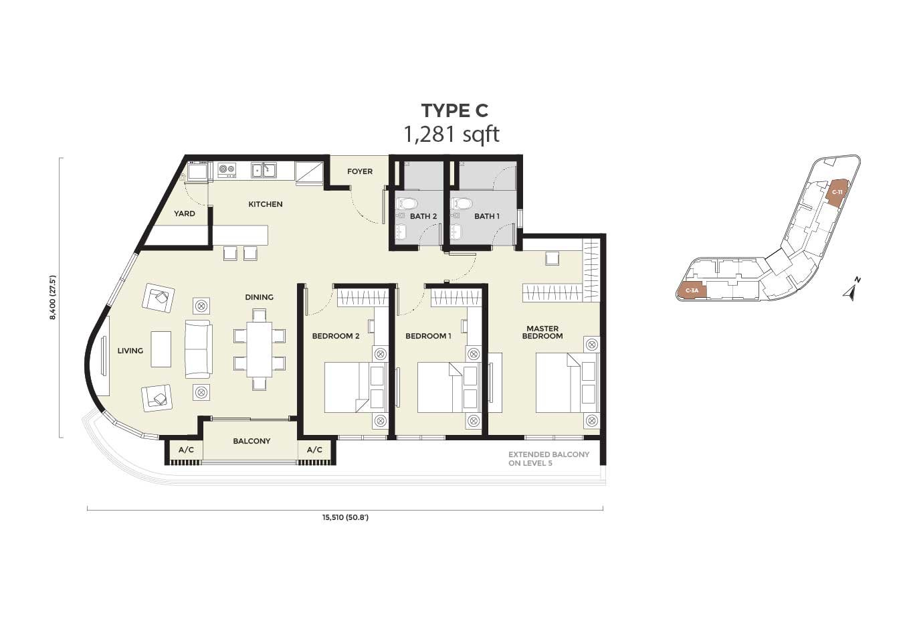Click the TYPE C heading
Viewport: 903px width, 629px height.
pyautogui.click(x=454, y=110)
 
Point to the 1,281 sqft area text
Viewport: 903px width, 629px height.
pyautogui.click(x=451, y=134)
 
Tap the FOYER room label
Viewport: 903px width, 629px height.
pyautogui.click(x=360, y=171)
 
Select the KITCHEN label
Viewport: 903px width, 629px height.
pyautogui.click(x=266, y=204)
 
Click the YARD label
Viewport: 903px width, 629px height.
pyautogui.click(x=185, y=213)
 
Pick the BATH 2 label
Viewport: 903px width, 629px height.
pyautogui.click(x=423, y=216)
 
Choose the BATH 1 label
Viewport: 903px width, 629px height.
pyautogui.click(x=487, y=216)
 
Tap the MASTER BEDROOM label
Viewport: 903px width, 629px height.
pyautogui.click(x=542, y=333)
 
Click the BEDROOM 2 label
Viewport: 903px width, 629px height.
pyautogui.click(x=335, y=336)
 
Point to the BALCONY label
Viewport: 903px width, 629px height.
pyautogui.click(x=252, y=441)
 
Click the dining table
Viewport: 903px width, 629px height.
pyautogui.click(x=260, y=349)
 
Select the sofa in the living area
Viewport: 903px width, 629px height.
pyautogui.click(x=199, y=349)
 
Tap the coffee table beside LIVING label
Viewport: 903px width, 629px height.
pyautogui.click(x=161, y=349)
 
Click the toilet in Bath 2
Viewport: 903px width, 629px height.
pyautogui.click(x=405, y=203)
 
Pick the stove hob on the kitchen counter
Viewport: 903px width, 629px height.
pyautogui.click(x=227, y=170)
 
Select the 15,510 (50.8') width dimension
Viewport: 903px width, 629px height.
pyautogui.click(x=345, y=517)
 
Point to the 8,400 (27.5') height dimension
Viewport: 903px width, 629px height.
pyautogui.click(x=52, y=298)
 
